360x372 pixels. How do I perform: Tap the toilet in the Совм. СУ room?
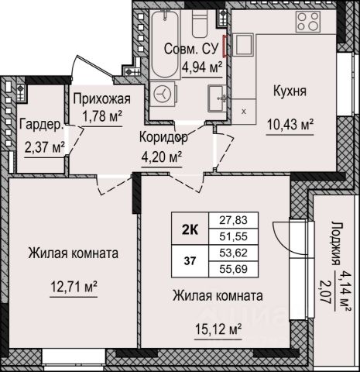coord(202,24)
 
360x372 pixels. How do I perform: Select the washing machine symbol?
coord(163,94)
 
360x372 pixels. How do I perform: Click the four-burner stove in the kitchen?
coord(308,22)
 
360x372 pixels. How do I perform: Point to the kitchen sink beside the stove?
coord(243,45)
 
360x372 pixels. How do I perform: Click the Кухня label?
coord(290,91)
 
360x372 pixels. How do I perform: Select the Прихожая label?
coord(102,99)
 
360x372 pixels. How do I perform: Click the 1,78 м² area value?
coord(102,116)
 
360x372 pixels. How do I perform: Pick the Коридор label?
coord(163,138)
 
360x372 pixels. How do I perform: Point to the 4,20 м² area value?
coord(162,157)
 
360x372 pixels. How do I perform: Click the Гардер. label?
coord(41,125)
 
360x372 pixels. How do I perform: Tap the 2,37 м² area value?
coord(44,147)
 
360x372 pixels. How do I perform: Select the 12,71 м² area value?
coord(74,287)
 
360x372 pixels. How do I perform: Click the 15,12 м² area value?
coord(218,329)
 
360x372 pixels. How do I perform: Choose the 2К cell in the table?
coord(190,229)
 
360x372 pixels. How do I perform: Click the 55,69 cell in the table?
coord(233,269)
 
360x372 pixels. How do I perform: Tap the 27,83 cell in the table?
coord(233,220)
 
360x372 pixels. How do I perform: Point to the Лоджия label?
coord(335,243)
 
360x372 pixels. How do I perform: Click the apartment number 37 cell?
coord(190,261)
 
